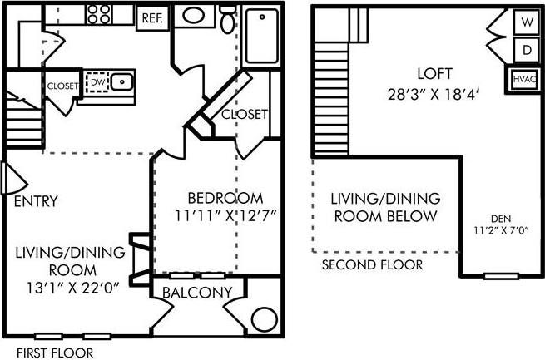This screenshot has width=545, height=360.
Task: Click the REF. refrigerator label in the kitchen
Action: click(152, 17)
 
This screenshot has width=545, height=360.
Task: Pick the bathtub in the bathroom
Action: click(265, 37)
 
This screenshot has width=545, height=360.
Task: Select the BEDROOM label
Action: click(225, 198)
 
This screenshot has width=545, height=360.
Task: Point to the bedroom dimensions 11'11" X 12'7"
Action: click(225, 215)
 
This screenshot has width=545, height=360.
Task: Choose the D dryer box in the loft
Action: click(527, 49)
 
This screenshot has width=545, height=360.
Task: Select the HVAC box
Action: click(524, 80)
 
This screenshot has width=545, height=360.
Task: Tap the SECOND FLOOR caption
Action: click(372, 264)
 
